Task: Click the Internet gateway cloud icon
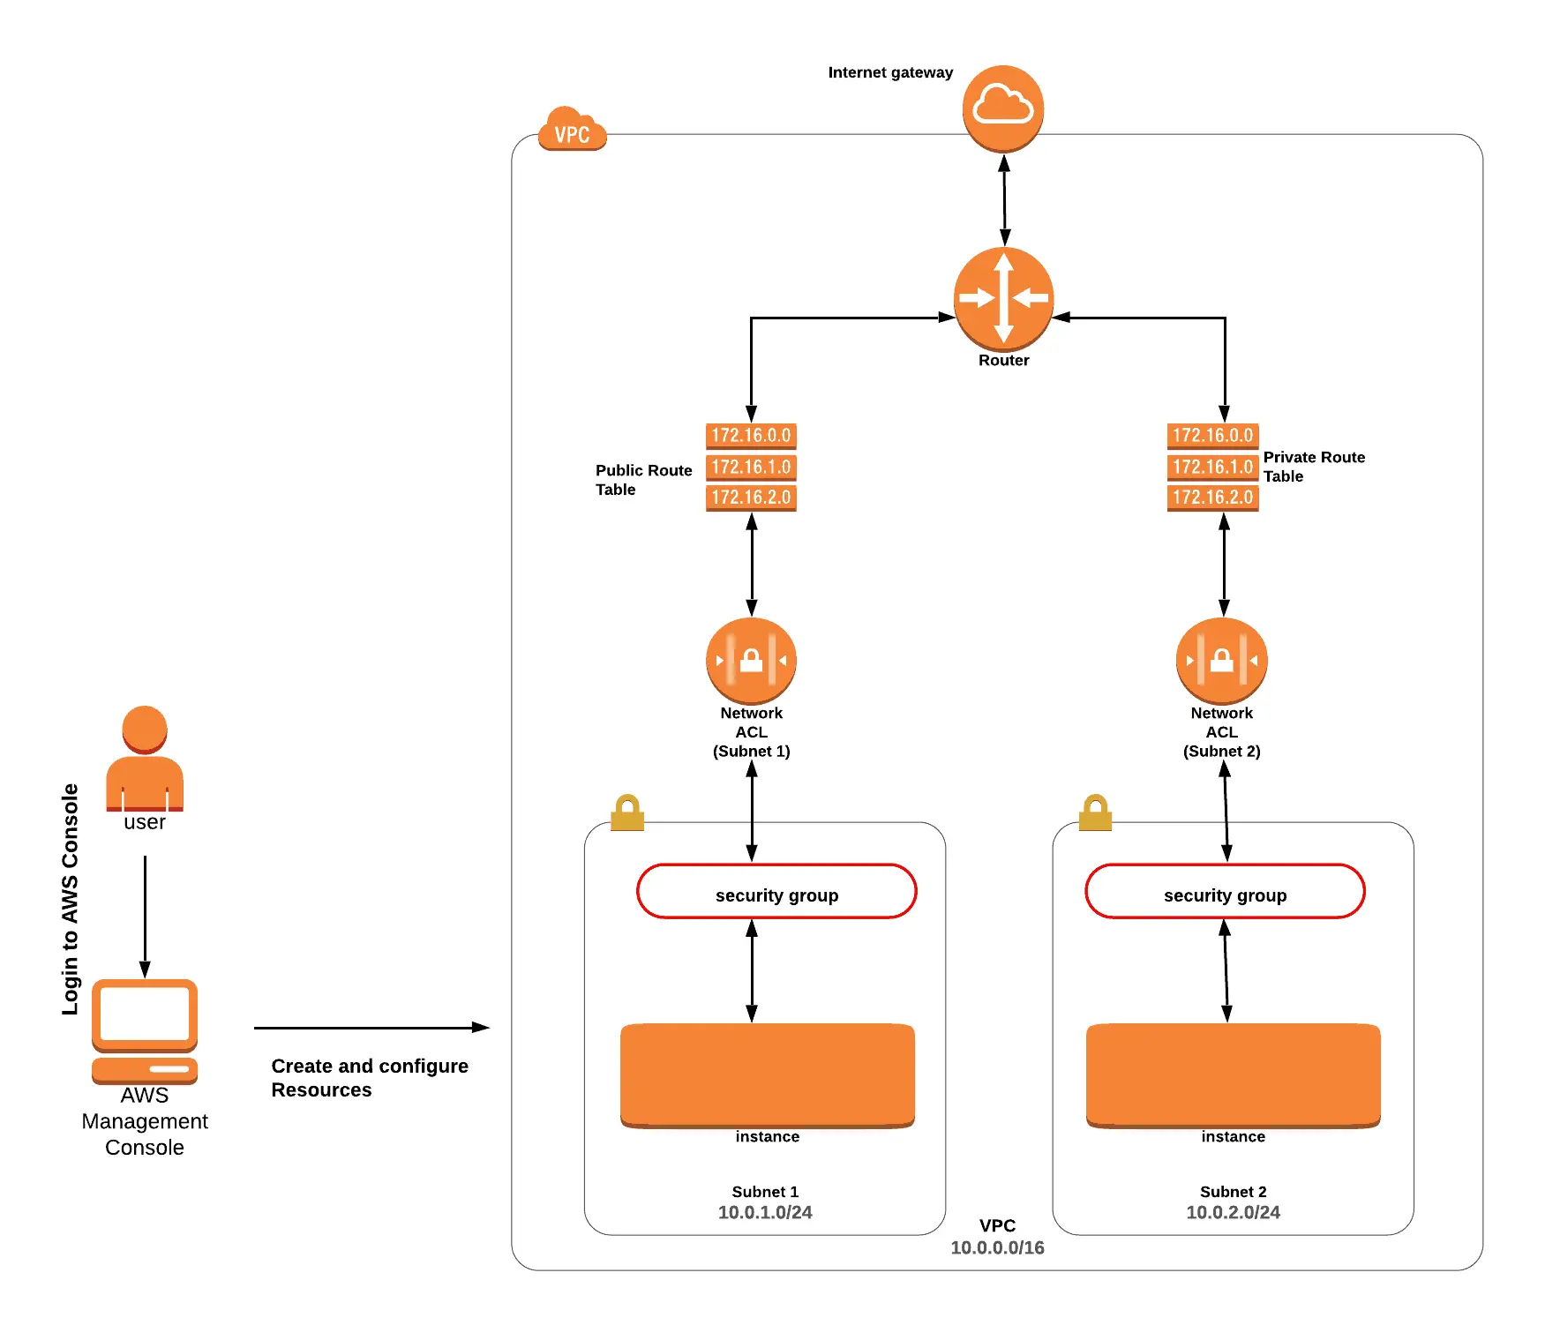[1002, 108]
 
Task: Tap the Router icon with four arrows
[1003, 298]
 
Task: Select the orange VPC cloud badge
[572, 131]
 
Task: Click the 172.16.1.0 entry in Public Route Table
[751, 467]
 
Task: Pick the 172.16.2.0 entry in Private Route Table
[1212, 498]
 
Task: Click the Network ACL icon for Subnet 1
[751, 660]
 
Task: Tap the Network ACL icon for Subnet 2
[1221, 660]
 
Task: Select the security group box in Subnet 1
[776, 891]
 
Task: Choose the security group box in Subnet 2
[1225, 891]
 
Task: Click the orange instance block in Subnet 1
[767, 1074]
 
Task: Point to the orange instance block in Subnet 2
[1233, 1074]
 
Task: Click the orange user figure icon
[145, 759]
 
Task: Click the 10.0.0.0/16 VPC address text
[997, 1247]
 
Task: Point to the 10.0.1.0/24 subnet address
[765, 1212]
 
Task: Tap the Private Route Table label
[1313, 467]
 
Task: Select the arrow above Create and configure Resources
[371, 1028]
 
